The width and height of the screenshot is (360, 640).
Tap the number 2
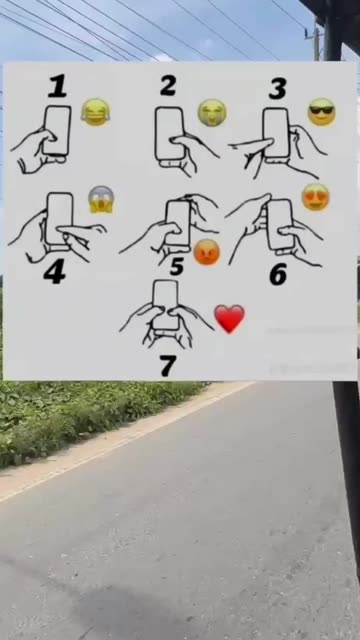click(x=168, y=86)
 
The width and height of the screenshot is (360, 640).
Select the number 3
click(x=278, y=89)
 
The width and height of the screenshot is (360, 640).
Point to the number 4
click(x=54, y=273)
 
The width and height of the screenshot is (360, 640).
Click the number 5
click(x=177, y=266)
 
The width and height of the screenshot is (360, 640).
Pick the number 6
click(x=278, y=274)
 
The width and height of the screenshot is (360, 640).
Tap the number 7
click(x=168, y=365)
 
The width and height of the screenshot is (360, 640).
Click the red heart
click(x=229, y=318)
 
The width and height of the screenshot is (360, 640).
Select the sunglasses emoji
click(x=322, y=112)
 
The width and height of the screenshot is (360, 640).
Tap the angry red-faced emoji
click(x=207, y=252)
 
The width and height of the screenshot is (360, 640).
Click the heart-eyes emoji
click(x=316, y=197)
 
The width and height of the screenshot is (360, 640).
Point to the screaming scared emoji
click(x=101, y=200)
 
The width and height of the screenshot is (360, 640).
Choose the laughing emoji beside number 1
click(x=96, y=112)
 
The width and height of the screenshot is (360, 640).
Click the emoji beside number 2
click(x=212, y=113)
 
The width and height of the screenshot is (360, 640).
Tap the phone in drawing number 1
click(x=57, y=131)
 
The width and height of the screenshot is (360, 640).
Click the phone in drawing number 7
click(x=165, y=304)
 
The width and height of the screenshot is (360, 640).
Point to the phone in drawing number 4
click(x=60, y=218)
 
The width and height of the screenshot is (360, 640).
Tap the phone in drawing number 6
click(x=280, y=224)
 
